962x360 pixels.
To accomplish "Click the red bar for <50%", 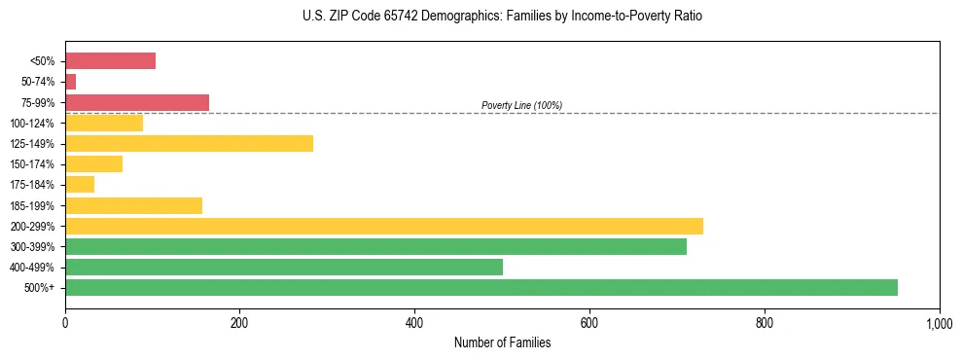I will pos(110,61).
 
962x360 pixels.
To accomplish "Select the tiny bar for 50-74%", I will pos(70,82).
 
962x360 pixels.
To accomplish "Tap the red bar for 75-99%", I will pos(136,102).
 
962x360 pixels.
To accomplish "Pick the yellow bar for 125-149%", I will pos(189,144).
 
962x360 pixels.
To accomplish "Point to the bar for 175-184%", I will pos(80,185).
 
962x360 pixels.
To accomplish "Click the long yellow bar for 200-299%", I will pos(383,226).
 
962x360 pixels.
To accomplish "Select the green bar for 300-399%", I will pos(375,246).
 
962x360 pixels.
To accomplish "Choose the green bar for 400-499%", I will pos(283,267).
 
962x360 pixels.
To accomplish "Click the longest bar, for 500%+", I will pos(481,288).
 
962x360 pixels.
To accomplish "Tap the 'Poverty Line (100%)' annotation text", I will pos(521,105).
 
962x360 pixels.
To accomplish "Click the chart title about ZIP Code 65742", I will pos(502,17).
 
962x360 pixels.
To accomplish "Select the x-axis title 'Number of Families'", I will pos(502,342).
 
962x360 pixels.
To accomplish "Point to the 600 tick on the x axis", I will pos(589,322).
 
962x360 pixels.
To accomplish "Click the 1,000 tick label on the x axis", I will pos(939,322).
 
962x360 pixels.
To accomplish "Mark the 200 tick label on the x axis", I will pos(240,322).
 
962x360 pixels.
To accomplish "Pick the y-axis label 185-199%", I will pos(31,206).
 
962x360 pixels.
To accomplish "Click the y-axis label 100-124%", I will pos(31,124).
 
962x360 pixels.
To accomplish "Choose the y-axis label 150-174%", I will pos(31,164).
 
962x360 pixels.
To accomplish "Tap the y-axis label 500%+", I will pos(39,288).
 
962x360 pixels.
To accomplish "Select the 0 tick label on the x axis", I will pos(65,322).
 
